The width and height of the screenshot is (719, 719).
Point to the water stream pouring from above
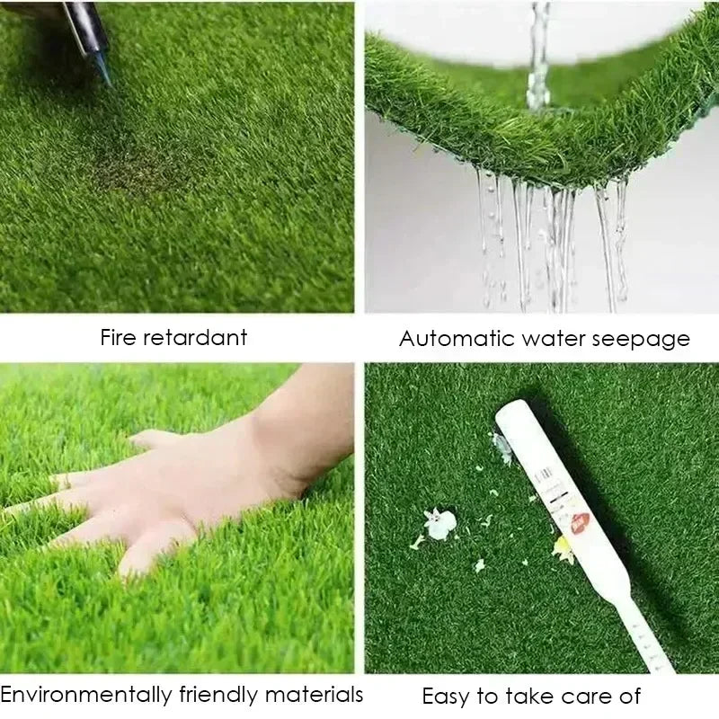coord(539,54)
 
